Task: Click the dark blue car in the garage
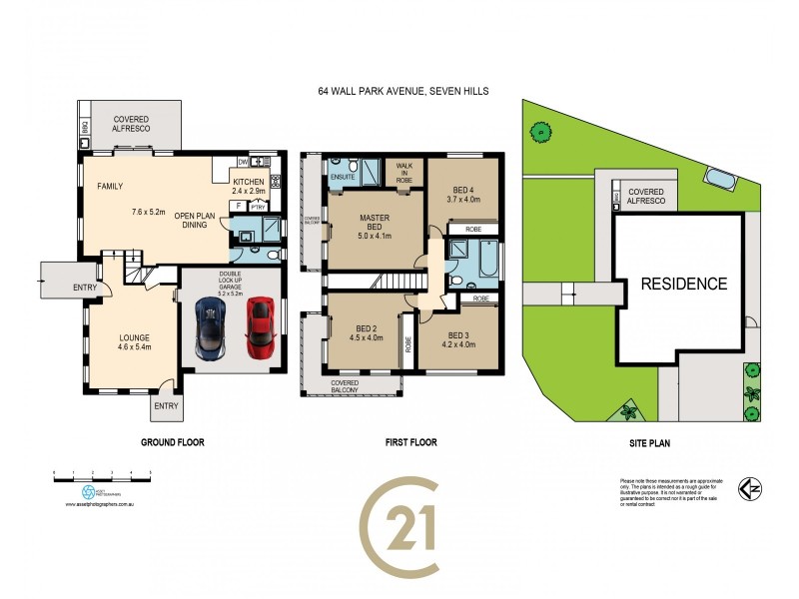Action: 212,329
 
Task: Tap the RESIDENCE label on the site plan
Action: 683,284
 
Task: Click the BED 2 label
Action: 366,329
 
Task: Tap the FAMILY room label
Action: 109,187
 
